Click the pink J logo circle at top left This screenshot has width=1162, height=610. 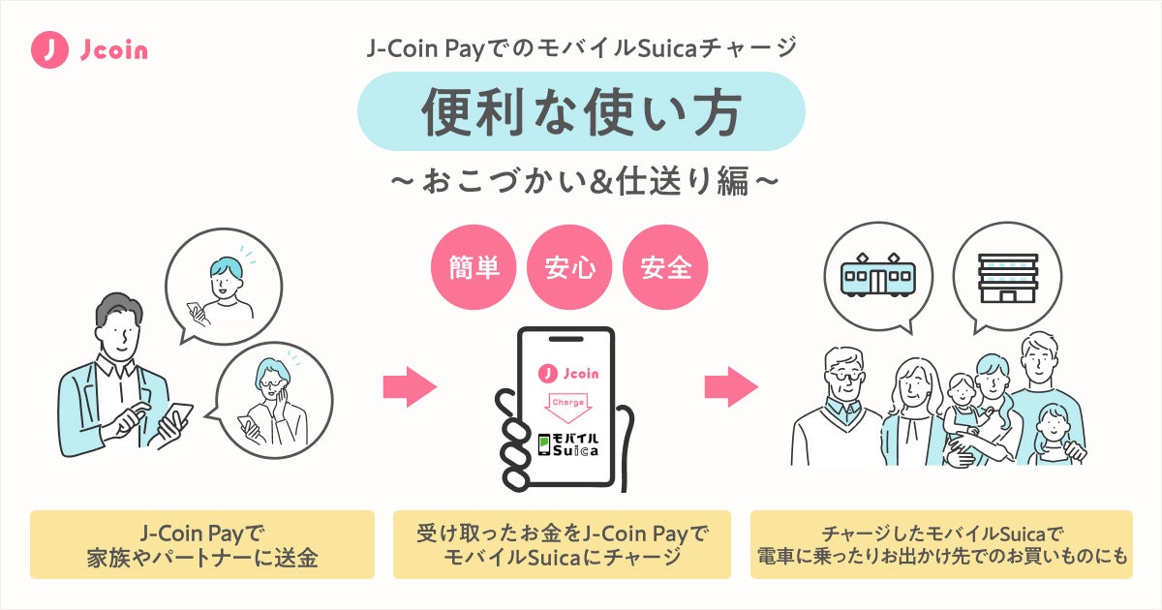pyautogui.click(x=49, y=50)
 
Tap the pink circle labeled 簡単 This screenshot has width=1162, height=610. pyautogui.click(x=474, y=266)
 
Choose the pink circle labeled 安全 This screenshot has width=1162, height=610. pyautogui.click(x=666, y=266)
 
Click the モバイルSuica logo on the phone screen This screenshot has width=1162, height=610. pyautogui.click(x=568, y=444)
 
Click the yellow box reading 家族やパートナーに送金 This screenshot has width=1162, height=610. pyautogui.click(x=202, y=544)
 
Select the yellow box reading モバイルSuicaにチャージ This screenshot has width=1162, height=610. pyautogui.click(x=564, y=544)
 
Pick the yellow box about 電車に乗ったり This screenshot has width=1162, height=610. pyautogui.click(x=941, y=544)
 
